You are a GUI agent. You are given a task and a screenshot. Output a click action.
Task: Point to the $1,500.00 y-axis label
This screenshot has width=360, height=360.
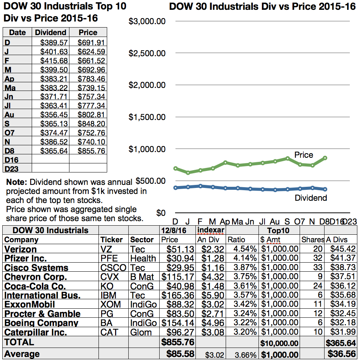[x=147, y=117]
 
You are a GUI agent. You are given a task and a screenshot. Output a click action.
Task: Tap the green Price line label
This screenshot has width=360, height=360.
[x=303, y=155]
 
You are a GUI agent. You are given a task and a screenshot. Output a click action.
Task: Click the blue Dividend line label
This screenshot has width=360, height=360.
[x=311, y=198]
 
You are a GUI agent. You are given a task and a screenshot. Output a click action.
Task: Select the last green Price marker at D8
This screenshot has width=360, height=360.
[x=325, y=158]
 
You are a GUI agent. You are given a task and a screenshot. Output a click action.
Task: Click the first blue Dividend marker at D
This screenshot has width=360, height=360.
[x=175, y=188]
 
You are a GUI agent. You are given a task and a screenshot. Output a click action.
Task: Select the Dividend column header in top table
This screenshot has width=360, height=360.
[x=51, y=33]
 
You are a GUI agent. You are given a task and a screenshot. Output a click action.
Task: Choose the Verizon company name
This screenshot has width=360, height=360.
[x=20, y=249]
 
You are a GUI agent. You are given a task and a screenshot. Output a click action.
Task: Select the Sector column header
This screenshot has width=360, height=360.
[x=142, y=240]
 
